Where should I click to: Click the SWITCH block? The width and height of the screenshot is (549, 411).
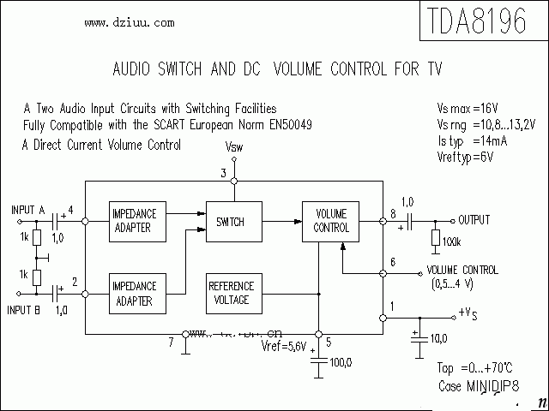[231, 222]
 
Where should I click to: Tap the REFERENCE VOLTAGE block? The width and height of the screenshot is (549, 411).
[231, 293]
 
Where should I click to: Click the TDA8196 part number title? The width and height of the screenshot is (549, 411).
[474, 21]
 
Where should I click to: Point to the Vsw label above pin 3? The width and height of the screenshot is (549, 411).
[233, 147]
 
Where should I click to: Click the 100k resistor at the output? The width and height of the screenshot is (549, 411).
[436, 239]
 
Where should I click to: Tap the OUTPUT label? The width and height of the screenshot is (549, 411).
[474, 220]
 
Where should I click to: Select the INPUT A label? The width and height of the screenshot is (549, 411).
[28, 210]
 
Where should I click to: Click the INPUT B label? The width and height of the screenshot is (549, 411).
[27, 309]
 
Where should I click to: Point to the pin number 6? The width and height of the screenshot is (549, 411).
[392, 262]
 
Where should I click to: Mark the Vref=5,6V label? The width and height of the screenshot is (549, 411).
[283, 346]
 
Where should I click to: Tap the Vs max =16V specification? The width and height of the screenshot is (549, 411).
[468, 109]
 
